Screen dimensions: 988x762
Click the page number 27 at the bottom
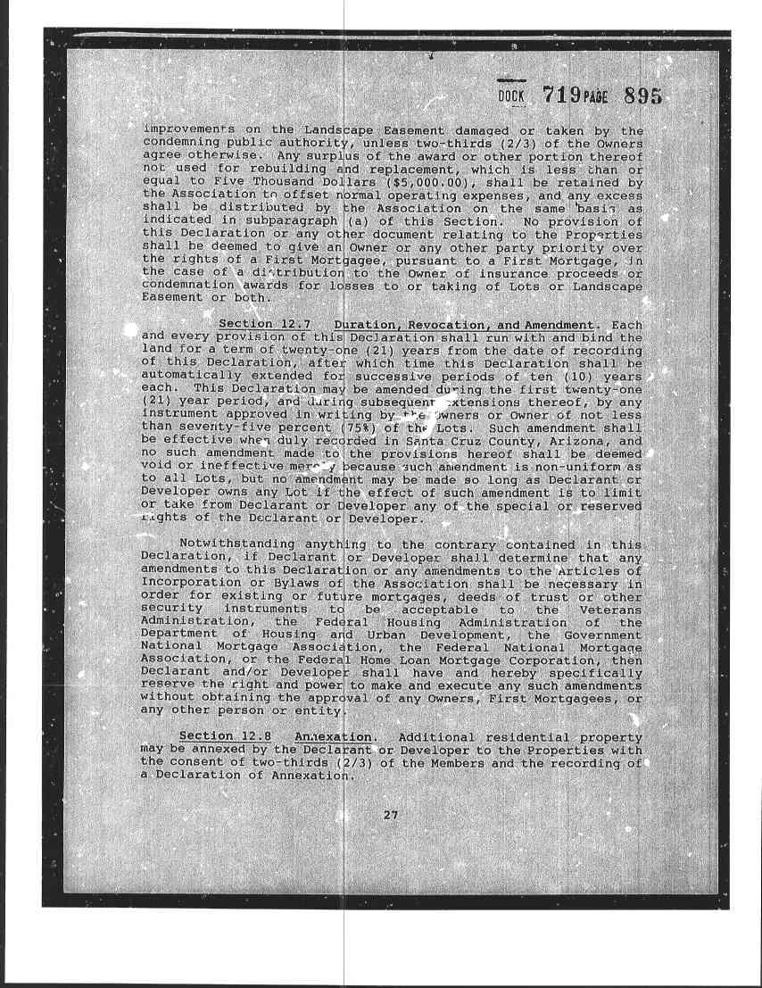pyautogui.click(x=390, y=814)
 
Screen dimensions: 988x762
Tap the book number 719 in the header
pyautogui.click(x=567, y=95)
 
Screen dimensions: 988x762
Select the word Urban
pyautogui.click(x=368, y=634)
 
